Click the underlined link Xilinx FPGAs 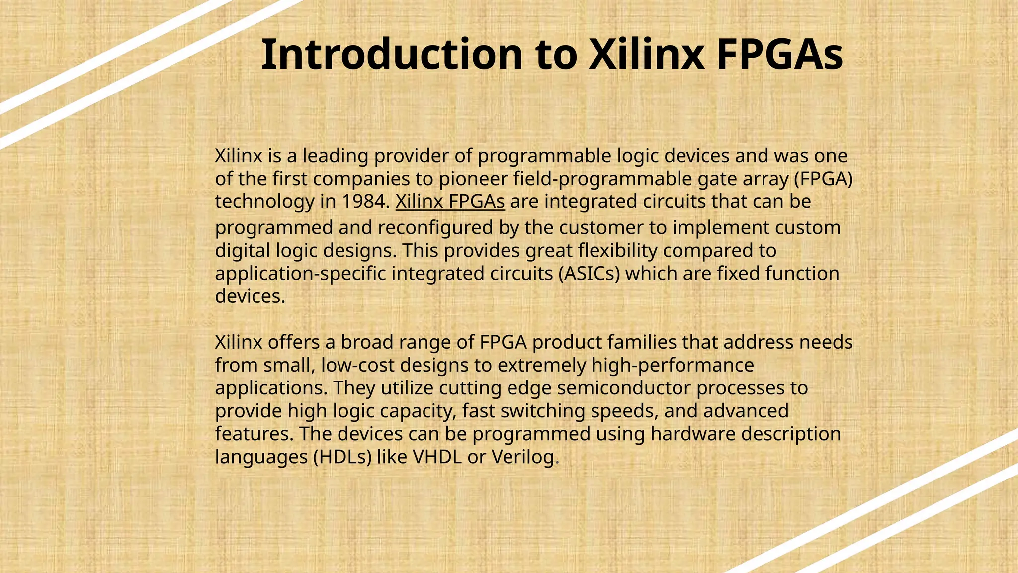pos(450,202)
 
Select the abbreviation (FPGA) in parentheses pos(823,179)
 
